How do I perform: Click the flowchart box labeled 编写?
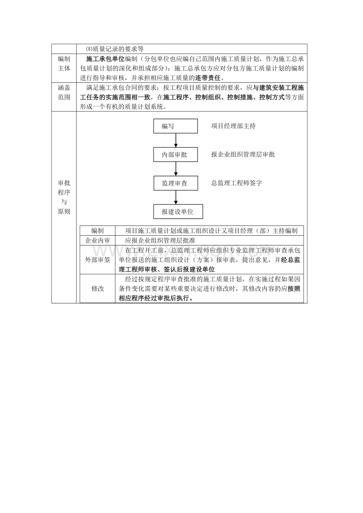pos(176,126)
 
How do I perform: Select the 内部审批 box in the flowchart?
pos(176,154)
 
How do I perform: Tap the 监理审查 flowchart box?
pos(176,183)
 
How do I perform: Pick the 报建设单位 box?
pos(178,212)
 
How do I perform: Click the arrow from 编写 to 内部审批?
pos(176,140)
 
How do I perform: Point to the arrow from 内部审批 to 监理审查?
pos(176,169)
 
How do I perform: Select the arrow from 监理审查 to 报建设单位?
pos(176,197)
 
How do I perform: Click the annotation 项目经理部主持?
pos(233,126)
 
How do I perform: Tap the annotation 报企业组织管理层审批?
pos(243,154)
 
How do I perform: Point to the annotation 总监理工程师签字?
pos(236,183)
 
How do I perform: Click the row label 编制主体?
pos(64,64)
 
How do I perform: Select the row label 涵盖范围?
pos(64,92)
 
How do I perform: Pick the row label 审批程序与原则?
pos(64,197)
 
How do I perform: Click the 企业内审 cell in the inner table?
pos(97,240)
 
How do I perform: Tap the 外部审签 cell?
pos(97,260)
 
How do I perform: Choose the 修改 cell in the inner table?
pos(97,288)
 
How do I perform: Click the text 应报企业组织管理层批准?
pos(160,240)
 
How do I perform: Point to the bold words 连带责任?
pos(208,78)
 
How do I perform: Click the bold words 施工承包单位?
pos(105,59)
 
